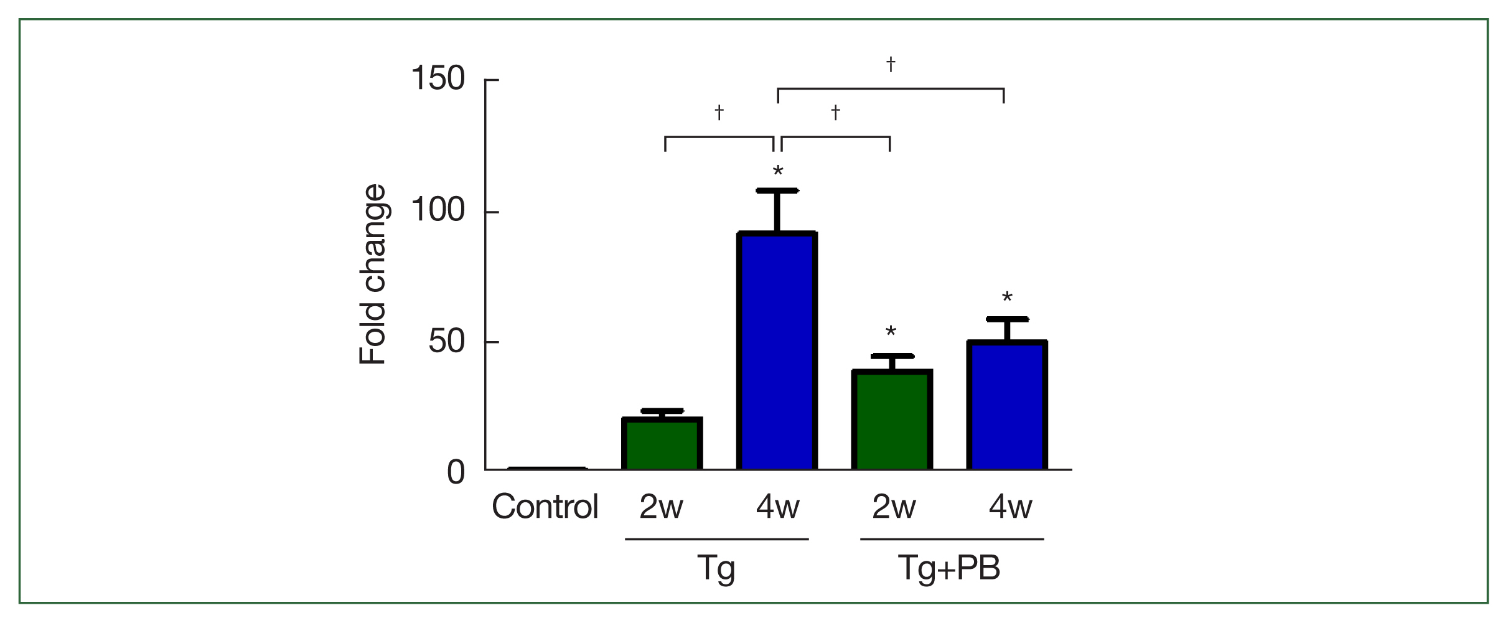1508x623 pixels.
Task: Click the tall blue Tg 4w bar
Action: [777, 351]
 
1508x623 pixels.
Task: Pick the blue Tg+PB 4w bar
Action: [1007, 405]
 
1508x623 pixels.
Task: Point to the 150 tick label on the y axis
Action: [438, 79]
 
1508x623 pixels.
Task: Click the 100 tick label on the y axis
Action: [438, 210]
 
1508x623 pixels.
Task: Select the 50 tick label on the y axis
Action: [446, 341]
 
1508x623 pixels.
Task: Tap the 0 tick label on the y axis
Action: [456, 473]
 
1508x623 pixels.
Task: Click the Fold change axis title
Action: [373, 274]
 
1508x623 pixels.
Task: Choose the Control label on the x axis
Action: [545, 507]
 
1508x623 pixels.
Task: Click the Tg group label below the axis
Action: [716, 568]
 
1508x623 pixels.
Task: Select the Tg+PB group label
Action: [949, 568]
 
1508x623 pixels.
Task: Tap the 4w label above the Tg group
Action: [777, 507]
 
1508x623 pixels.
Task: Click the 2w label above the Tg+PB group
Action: [894, 507]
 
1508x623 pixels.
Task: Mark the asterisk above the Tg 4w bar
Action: [777, 172]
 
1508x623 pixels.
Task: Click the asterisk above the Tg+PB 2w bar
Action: [891, 332]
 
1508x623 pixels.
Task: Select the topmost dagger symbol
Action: [891, 64]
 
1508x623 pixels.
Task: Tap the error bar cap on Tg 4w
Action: [777, 190]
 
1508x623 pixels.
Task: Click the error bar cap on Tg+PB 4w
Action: [1007, 319]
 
